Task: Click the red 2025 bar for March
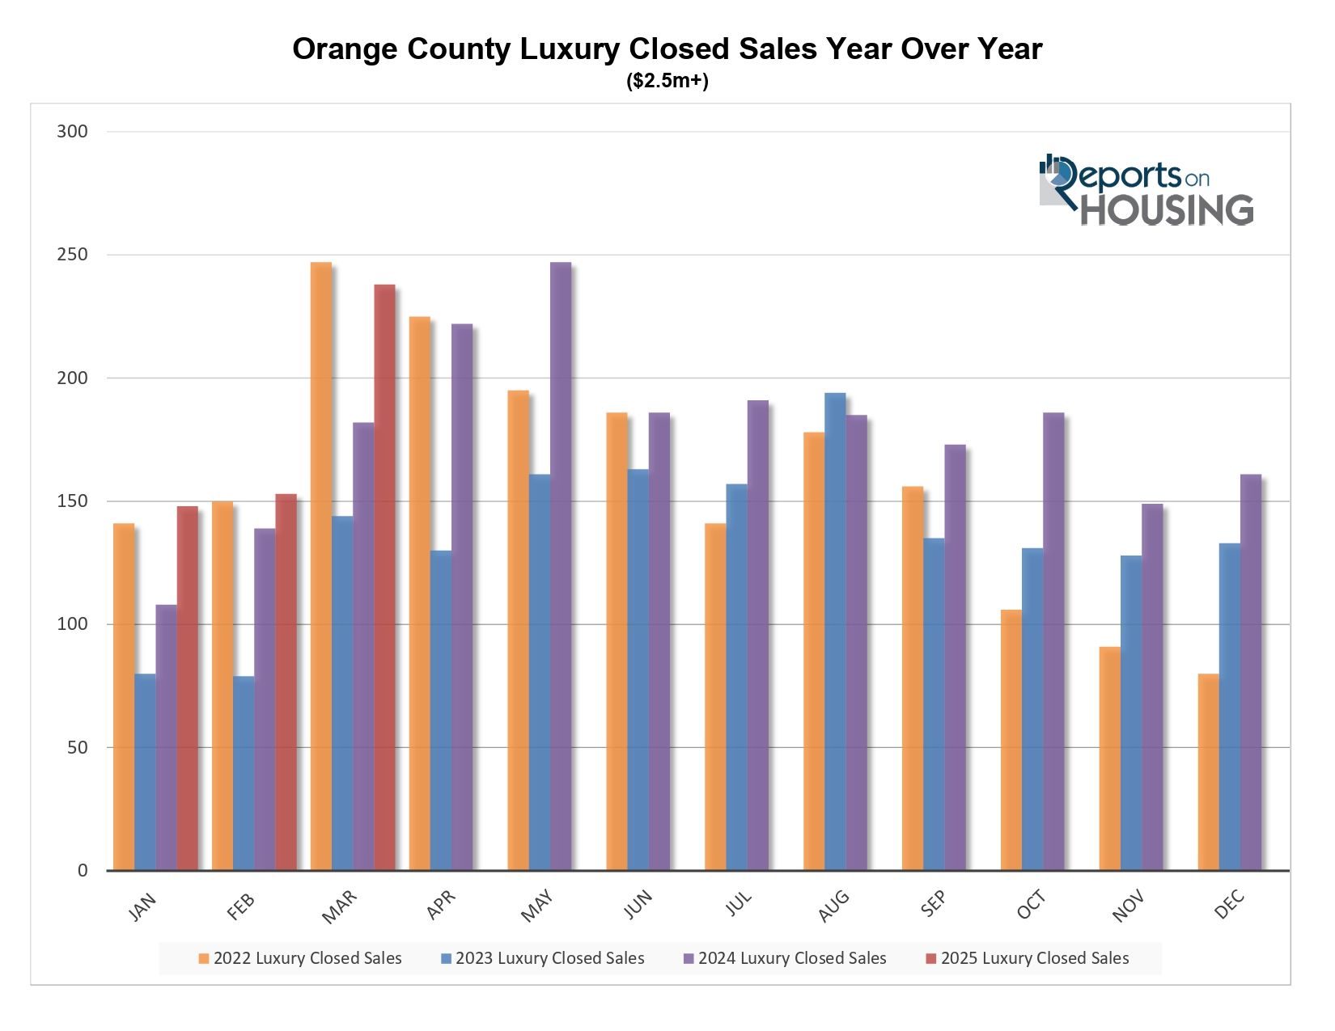click(384, 577)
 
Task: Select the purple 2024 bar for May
click(561, 566)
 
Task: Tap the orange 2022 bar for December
click(1208, 772)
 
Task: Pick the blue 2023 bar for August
click(835, 632)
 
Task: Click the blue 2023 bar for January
click(145, 772)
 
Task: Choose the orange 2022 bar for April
click(419, 594)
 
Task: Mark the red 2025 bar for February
click(286, 682)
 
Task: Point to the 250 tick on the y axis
click(72, 255)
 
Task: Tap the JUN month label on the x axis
click(638, 904)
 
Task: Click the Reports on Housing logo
click(1146, 190)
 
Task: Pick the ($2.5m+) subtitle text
click(667, 81)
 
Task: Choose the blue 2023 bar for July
click(736, 677)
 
